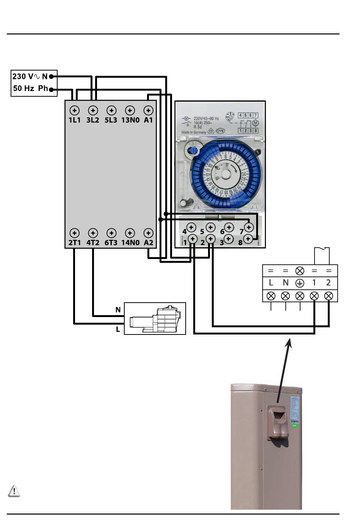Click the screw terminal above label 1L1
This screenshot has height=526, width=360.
coord(75,110)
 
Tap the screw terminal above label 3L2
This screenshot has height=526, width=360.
coord(93,110)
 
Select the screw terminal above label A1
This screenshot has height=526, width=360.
coord(149,110)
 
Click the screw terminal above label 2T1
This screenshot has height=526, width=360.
coord(75,233)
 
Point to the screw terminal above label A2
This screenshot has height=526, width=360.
coord(149,233)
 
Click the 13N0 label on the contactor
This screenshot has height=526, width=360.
coord(130,120)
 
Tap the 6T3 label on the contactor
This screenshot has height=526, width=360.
coord(111,243)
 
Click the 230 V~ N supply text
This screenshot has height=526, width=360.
coord(30,77)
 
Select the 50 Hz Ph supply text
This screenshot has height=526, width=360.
coord(31,88)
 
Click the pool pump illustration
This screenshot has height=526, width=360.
coord(155,319)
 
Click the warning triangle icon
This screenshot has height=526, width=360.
coord(14,491)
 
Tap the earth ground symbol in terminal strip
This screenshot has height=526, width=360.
coord(300,283)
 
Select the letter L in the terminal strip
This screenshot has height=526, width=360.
coord(271,283)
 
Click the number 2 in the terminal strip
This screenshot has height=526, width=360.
coord(328,283)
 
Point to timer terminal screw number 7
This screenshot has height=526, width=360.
coord(249,227)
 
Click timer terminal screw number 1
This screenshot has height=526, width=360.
coord(193,239)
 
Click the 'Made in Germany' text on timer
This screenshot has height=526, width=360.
coord(194,132)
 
